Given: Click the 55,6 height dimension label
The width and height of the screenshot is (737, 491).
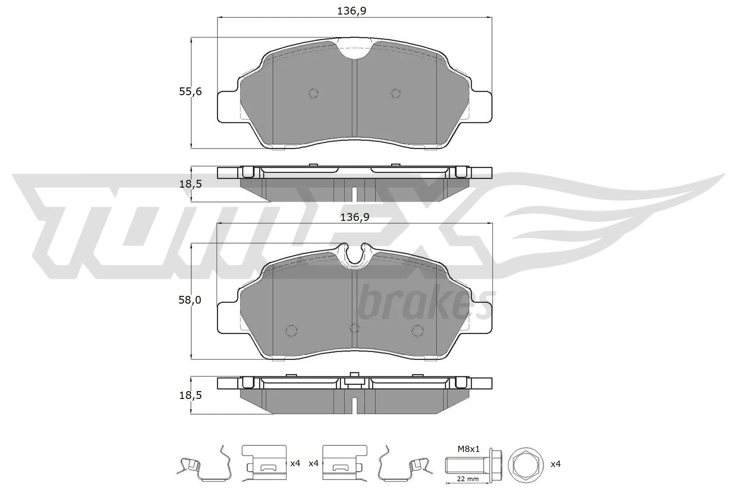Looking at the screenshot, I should [x=190, y=92].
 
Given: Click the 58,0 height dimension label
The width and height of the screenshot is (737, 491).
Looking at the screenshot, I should [x=190, y=300].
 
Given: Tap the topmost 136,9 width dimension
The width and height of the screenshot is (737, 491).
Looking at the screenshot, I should [x=351, y=12].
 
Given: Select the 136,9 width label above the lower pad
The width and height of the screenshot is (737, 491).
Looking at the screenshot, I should [x=351, y=217].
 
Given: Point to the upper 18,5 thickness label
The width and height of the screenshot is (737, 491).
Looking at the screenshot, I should [x=190, y=184].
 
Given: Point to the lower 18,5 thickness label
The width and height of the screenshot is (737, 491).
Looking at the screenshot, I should [x=190, y=395].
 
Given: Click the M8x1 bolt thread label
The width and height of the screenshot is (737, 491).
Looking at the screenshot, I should [x=469, y=449].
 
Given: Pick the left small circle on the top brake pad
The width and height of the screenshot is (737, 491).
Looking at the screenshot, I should [x=313, y=93].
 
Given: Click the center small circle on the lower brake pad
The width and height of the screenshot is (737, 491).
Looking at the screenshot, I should [x=354, y=328].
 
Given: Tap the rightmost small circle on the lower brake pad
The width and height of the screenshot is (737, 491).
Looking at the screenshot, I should [x=417, y=330].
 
